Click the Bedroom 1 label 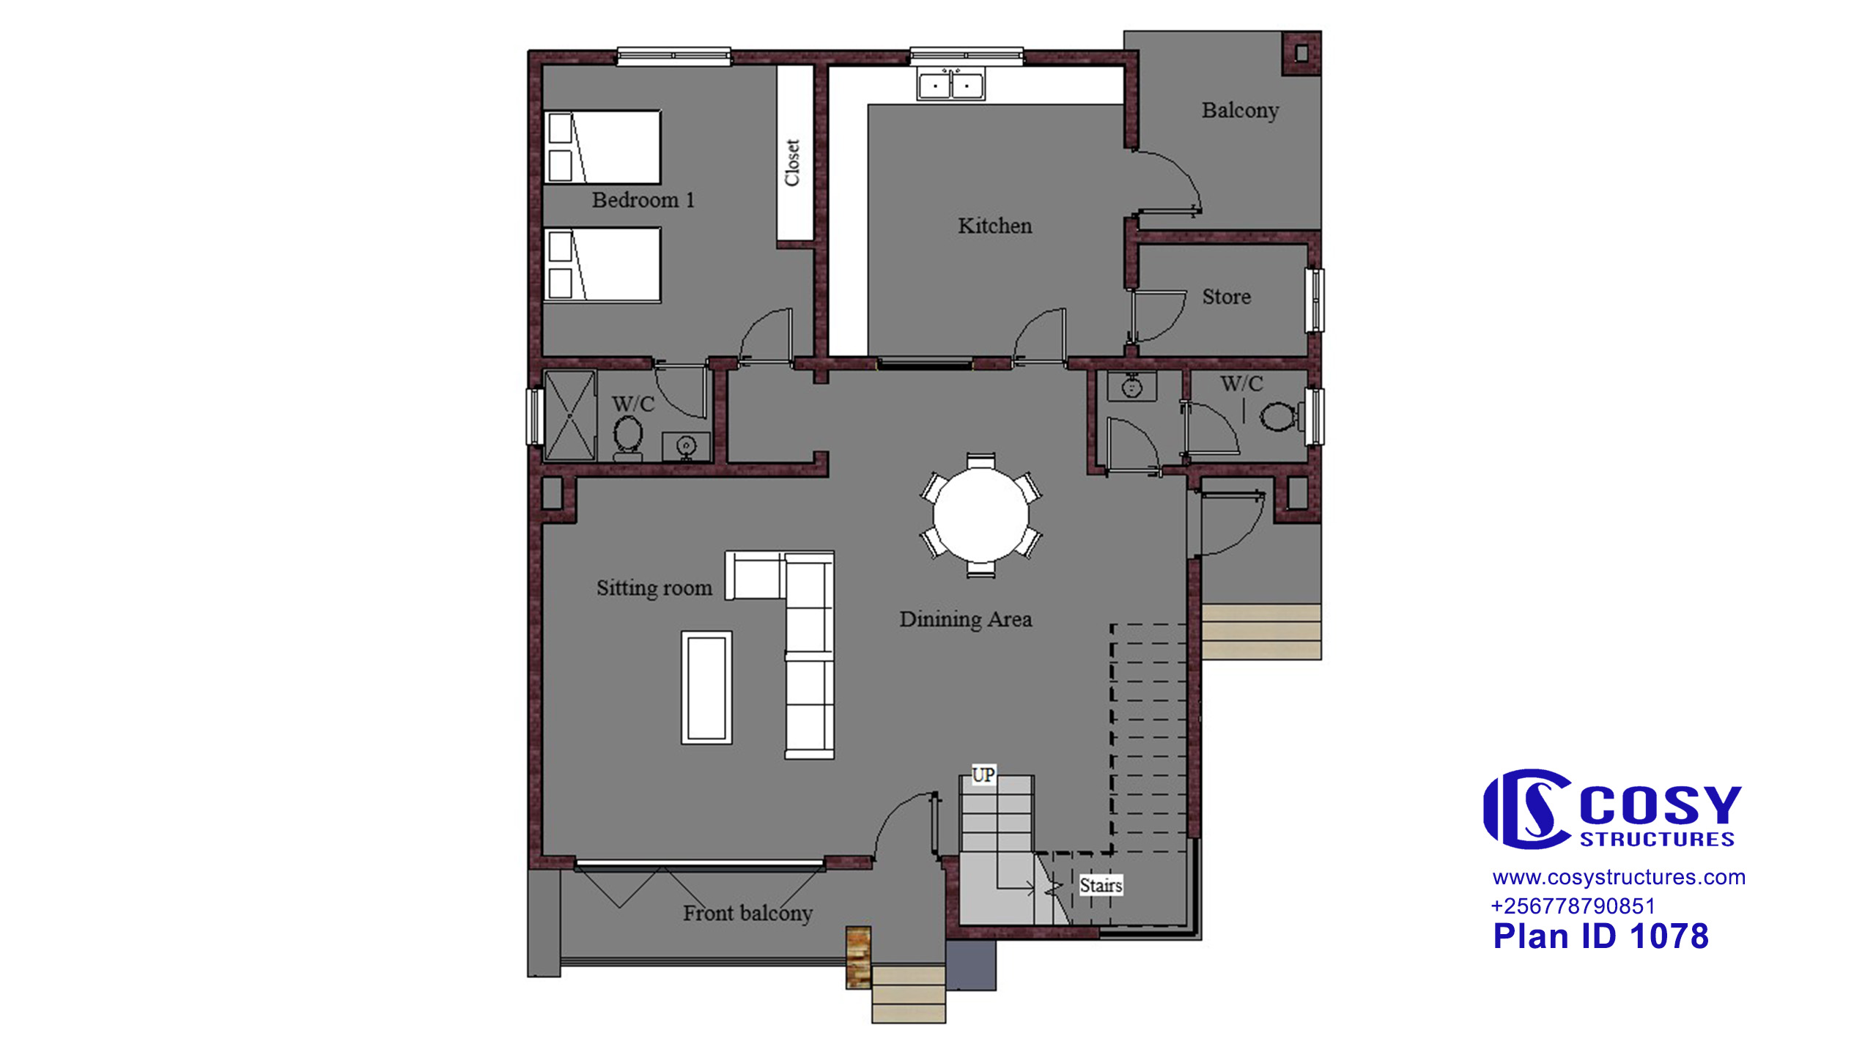(x=643, y=200)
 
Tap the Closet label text (x=792, y=163)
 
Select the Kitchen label (x=994, y=226)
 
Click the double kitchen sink (x=951, y=85)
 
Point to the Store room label (x=1226, y=297)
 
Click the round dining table (x=981, y=516)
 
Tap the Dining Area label (x=965, y=619)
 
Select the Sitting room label (x=654, y=588)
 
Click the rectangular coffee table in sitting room (x=706, y=687)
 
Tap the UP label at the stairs (x=983, y=774)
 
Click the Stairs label (x=1101, y=885)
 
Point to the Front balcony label (x=747, y=914)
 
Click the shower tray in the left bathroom (x=569, y=415)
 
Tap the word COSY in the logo (x=1660, y=806)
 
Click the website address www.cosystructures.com (x=1619, y=877)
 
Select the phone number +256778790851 (x=1573, y=906)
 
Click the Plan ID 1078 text (x=1600, y=936)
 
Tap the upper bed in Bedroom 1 (x=602, y=147)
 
